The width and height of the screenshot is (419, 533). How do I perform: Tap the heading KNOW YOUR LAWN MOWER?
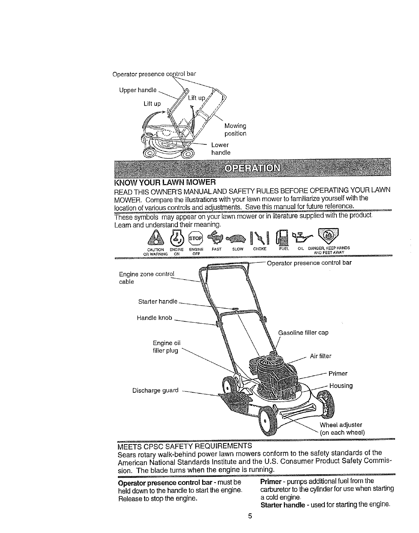(x=165, y=183)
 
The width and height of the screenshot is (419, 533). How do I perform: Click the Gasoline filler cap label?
(x=303, y=333)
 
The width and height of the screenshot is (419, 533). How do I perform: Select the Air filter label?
(x=320, y=356)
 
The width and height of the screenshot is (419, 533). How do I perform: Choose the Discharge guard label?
(x=155, y=390)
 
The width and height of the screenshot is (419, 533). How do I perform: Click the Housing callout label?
(x=341, y=386)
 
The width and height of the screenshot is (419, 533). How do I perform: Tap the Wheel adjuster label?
(x=341, y=425)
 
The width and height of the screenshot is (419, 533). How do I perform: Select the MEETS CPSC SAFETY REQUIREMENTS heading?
(x=185, y=446)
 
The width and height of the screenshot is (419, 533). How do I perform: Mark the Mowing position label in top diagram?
(x=235, y=130)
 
